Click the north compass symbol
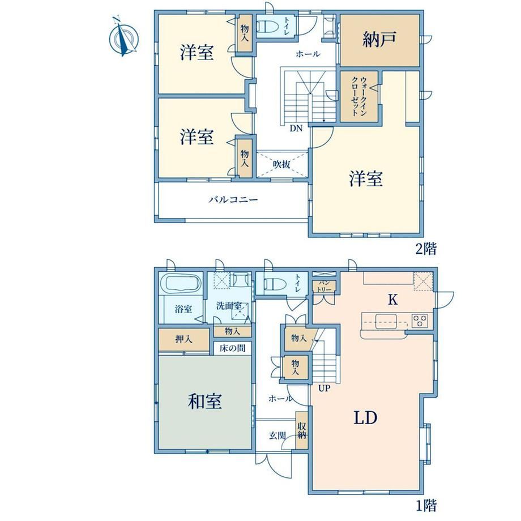pos(123,37)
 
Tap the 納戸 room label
pos(379,39)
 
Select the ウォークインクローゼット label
pos(359,96)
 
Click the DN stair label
pos(296,128)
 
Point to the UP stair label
pos(324,388)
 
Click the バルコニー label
pos(233,200)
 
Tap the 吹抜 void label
pos(282,164)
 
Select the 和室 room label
pos(204,401)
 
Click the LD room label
pos(365,417)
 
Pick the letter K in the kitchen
pos(393,300)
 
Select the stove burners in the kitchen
pos(420,321)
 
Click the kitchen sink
pos(386,321)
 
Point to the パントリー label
pos(324,287)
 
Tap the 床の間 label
pos(233,348)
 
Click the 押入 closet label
pos(183,339)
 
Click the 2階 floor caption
pos(426,249)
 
